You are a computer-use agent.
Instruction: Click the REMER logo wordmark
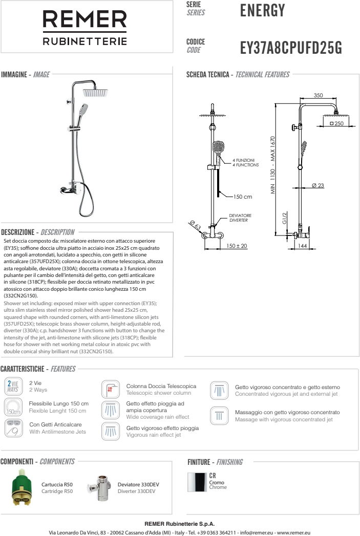pos(85,20)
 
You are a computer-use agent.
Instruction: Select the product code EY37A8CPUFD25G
pos(290,48)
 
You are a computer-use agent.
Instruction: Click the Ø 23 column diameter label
pos(317,185)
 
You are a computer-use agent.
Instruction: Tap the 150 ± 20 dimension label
pos(237,246)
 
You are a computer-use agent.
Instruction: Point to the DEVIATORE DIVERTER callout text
pos(240,218)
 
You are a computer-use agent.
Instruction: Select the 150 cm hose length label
pos(243,197)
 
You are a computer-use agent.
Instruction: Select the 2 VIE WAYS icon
pos(12,385)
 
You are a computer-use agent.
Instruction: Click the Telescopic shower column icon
pos(111,389)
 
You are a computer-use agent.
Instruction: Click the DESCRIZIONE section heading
pos(38,232)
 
